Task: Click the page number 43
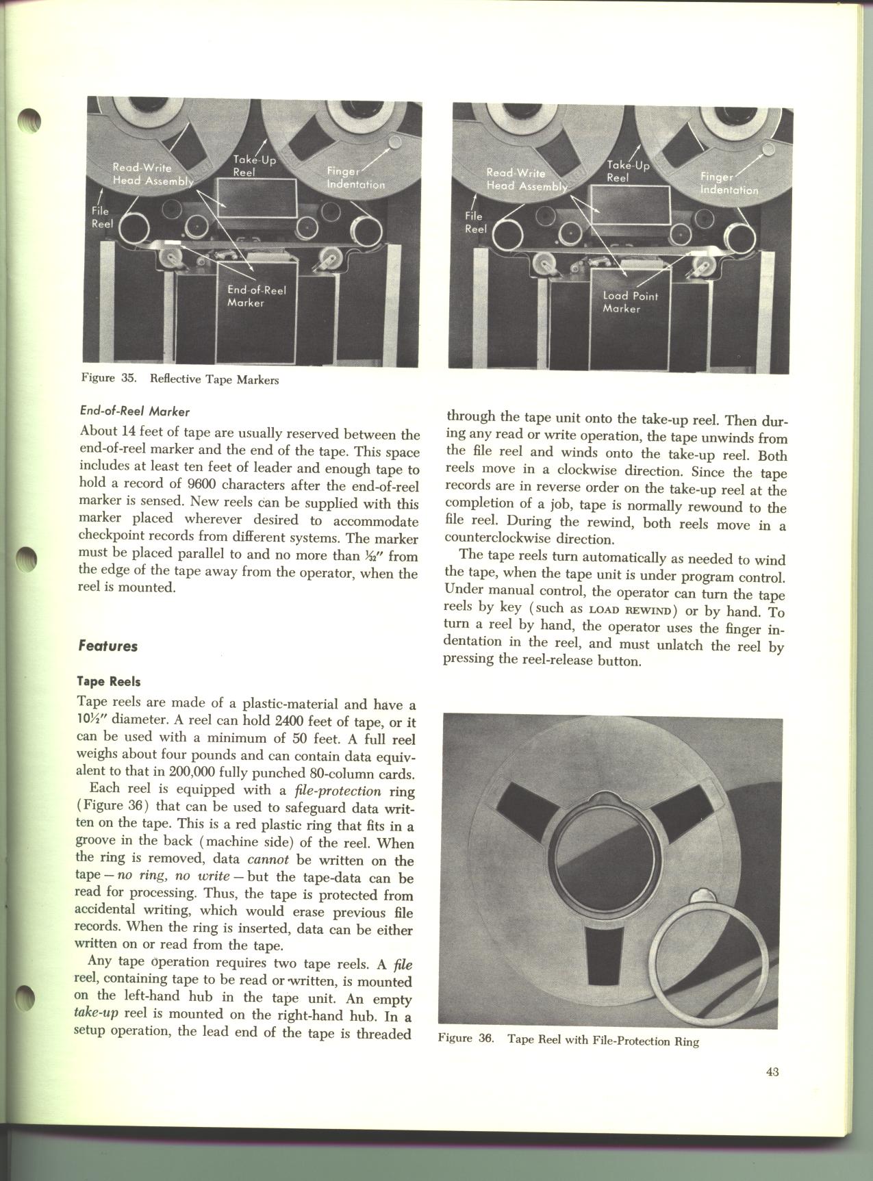[x=772, y=1091]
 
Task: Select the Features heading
[x=108, y=646]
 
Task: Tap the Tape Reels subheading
[x=110, y=682]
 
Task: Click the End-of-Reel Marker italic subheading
[x=135, y=411]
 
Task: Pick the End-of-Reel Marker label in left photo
[x=256, y=296]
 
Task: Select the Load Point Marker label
[x=630, y=302]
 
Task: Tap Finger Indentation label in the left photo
[x=355, y=178]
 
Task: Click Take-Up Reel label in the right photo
[x=627, y=170]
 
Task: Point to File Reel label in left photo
[x=102, y=218]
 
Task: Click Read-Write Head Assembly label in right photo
[x=527, y=180]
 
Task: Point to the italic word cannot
[x=267, y=860]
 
